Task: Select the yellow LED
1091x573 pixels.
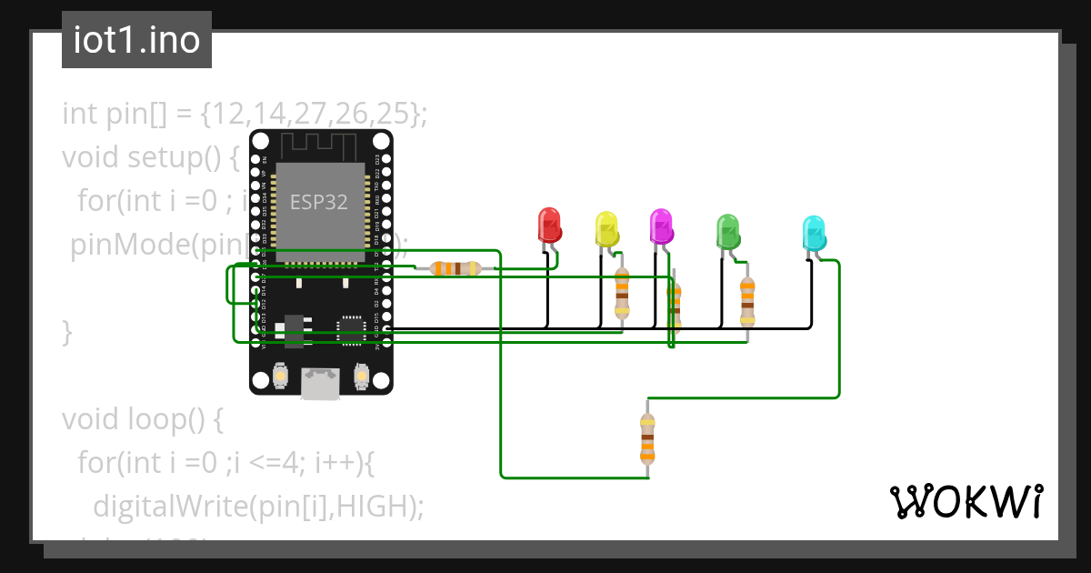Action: [606, 228]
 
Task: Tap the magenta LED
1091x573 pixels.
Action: [661, 226]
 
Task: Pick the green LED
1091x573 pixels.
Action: [727, 231]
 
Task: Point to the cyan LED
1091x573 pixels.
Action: [814, 233]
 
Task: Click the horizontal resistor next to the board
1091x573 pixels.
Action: [455, 268]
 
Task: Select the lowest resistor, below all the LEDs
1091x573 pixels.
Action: [646, 438]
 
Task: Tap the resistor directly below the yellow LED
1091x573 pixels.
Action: [622, 293]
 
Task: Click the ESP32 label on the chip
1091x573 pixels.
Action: [318, 202]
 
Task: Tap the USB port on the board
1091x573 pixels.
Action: [321, 383]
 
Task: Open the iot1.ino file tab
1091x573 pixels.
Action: [136, 40]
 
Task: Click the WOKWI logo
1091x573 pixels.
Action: [966, 501]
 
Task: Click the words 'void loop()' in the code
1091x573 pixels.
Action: [142, 419]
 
